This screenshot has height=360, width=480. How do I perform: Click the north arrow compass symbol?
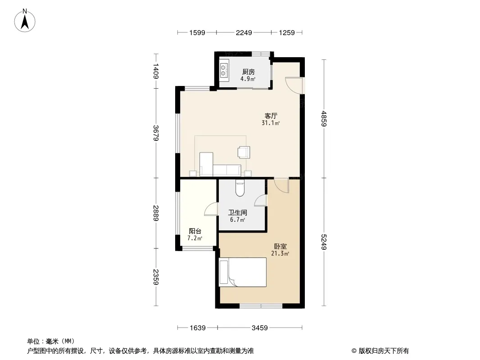click(x=25, y=21)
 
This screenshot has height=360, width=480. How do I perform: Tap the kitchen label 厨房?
click(x=248, y=72)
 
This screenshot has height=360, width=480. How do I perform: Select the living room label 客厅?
click(x=271, y=116)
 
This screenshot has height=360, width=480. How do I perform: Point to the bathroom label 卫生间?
click(x=238, y=212)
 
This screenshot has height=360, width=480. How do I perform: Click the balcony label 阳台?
click(x=195, y=231)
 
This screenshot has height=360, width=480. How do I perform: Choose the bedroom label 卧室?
click(x=280, y=246)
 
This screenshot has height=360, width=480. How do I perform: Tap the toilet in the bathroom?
click(x=240, y=188)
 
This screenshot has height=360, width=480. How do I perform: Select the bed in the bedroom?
click(x=243, y=272)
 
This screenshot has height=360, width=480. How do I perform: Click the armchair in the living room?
click(x=244, y=152)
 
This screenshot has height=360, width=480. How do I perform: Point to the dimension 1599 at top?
click(x=197, y=33)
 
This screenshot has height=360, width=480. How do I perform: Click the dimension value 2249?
click(x=244, y=33)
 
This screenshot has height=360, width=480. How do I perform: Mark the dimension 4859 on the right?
click(x=324, y=119)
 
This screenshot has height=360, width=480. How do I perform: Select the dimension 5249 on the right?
click(x=324, y=242)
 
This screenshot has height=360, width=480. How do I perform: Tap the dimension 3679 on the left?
click(x=156, y=133)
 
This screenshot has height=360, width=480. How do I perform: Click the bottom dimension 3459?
click(x=260, y=328)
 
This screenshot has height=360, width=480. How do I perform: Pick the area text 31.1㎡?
click(x=271, y=123)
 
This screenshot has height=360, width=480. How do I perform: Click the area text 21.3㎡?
click(x=280, y=253)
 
